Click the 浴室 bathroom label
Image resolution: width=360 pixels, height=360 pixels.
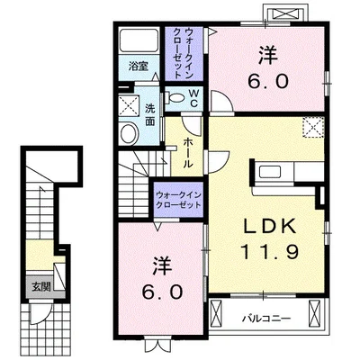coord(139,67)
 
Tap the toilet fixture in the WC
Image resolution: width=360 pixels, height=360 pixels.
coord(176,97)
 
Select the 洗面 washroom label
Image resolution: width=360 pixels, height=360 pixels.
coord(150,115)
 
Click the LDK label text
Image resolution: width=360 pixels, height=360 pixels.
coord(269,228)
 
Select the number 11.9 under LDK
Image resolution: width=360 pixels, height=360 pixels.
coord(269,252)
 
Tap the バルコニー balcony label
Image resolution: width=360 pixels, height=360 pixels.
coord(266,318)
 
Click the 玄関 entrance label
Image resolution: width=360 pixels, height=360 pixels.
coord(41,287)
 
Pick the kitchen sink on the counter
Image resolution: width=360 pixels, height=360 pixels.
coord(270,172)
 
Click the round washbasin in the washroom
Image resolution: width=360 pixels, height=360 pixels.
coord(129,133)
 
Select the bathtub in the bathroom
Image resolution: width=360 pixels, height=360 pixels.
coord(139,40)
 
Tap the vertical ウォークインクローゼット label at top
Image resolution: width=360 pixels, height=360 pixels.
coord(184,53)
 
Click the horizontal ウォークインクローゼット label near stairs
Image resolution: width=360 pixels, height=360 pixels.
coord(178,200)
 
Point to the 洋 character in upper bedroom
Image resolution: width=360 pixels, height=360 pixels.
coord(268,56)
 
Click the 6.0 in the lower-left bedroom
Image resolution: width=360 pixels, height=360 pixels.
coord(162,292)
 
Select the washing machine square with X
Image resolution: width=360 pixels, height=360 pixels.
coord(130,105)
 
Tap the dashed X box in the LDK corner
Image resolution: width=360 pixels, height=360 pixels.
coord(313,127)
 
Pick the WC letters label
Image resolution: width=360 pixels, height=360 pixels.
coord(193,99)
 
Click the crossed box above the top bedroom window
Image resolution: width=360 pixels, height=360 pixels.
coord(285,13)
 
